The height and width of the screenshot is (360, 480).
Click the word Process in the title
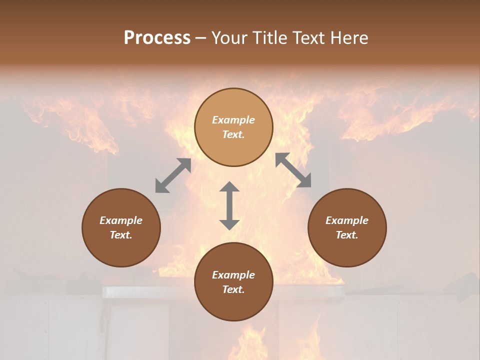pyautogui.click(x=157, y=38)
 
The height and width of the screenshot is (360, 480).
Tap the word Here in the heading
pyautogui.click(x=349, y=38)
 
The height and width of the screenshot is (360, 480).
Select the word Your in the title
pyautogui.click(x=229, y=38)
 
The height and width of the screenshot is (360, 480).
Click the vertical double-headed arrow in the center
pyautogui.click(x=229, y=205)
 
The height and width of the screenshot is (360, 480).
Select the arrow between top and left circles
pyautogui.click(x=173, y=175)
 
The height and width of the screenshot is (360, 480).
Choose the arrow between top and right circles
pyautogui.click(x=293, y=170)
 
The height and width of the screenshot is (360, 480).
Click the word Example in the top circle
pyautogui.click(x=233, y=120)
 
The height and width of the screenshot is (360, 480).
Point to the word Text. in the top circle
pyautogui.click(x=233, y=134)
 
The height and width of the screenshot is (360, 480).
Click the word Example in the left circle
pyautogui.click(x=121, y=220)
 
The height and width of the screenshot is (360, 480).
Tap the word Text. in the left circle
pyautogui.click(x=121, y=235)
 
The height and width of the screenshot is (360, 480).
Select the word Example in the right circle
pyautogui.click(x=347, y=220)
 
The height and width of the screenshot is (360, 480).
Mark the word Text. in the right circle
pyautogui.click(x=347, y=235)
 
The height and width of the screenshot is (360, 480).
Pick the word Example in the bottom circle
pyautogui.click(x=233, y=275)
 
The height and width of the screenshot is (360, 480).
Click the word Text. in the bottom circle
pyautogui.click(x=233, y=289)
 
